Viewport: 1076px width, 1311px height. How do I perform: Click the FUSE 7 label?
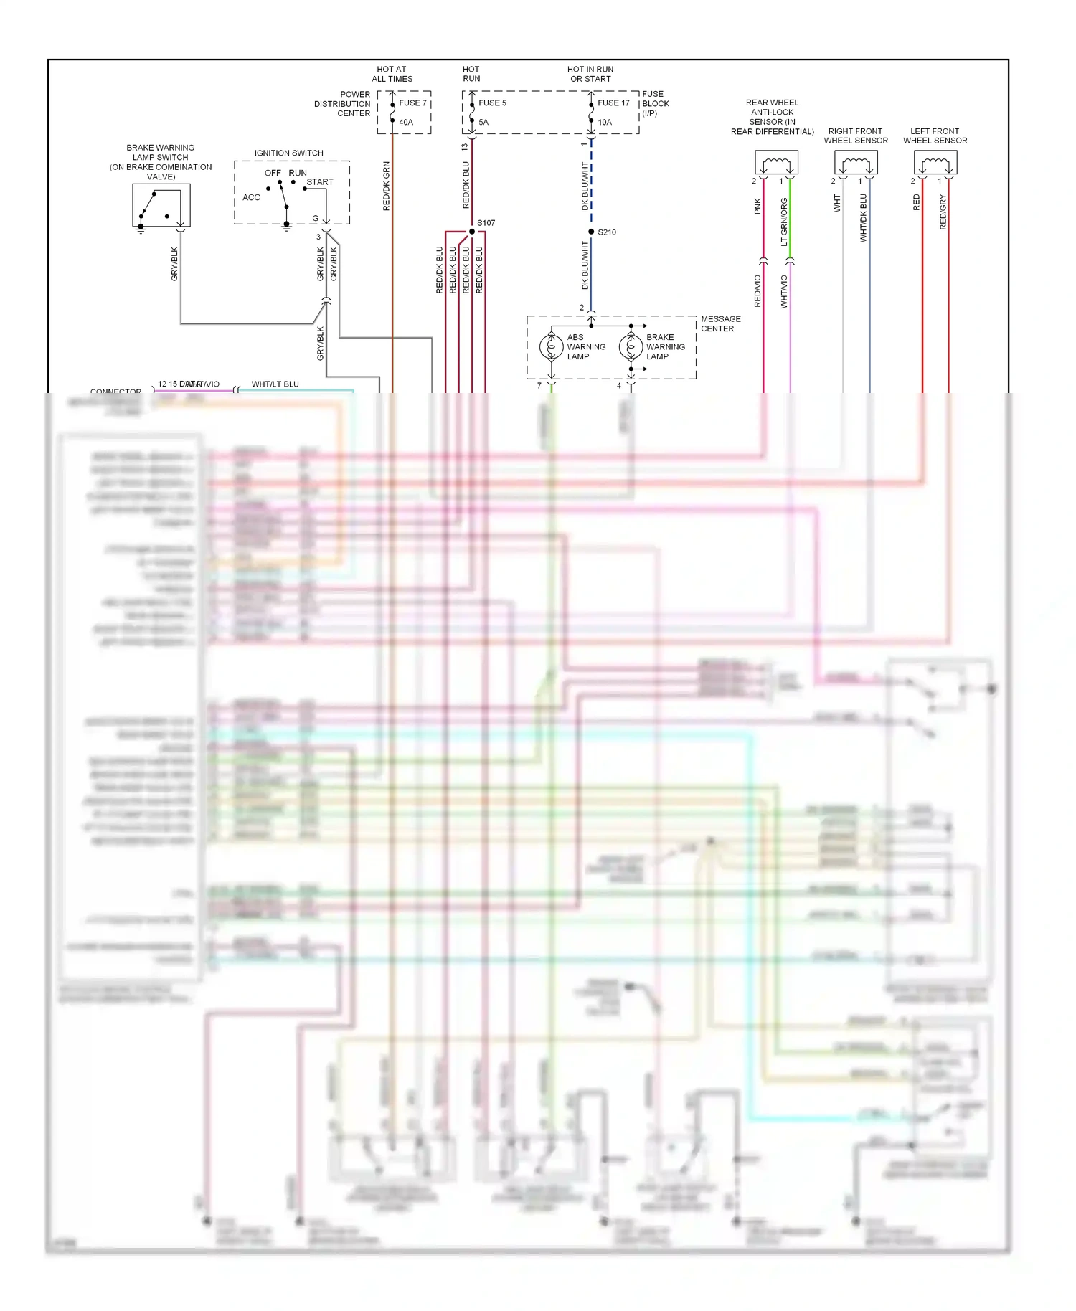point(412,103)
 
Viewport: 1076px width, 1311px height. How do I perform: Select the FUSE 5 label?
point(492,103)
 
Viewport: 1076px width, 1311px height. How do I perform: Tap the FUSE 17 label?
point(613,103)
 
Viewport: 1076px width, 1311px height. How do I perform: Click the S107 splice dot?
point(472,231)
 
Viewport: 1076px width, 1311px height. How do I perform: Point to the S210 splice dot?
point(591,232)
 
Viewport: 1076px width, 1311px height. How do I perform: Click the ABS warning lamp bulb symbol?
point(552,347)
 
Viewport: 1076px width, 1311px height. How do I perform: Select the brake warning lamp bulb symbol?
point(631,347)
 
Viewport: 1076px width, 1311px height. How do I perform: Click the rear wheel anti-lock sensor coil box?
point(776,163)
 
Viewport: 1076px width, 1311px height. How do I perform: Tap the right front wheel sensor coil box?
point(856,163)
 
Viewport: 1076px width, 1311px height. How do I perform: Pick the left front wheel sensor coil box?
point(935,163)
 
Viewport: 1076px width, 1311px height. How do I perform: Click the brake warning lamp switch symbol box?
point(161,205)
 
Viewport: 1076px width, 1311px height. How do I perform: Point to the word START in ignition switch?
point(320,182)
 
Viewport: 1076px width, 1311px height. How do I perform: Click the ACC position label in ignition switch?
point(251,197)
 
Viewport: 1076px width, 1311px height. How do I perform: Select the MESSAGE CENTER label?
point(720,323)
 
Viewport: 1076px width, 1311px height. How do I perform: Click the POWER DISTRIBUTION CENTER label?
point(343,104)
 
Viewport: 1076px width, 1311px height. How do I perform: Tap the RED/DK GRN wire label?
point(387,186)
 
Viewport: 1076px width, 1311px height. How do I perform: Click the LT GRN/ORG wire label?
point(784,222)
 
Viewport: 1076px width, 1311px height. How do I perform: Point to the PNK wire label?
point(758,207)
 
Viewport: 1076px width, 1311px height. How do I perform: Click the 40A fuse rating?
point(406,123)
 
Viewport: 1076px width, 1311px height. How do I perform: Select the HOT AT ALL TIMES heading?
point(392,74)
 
